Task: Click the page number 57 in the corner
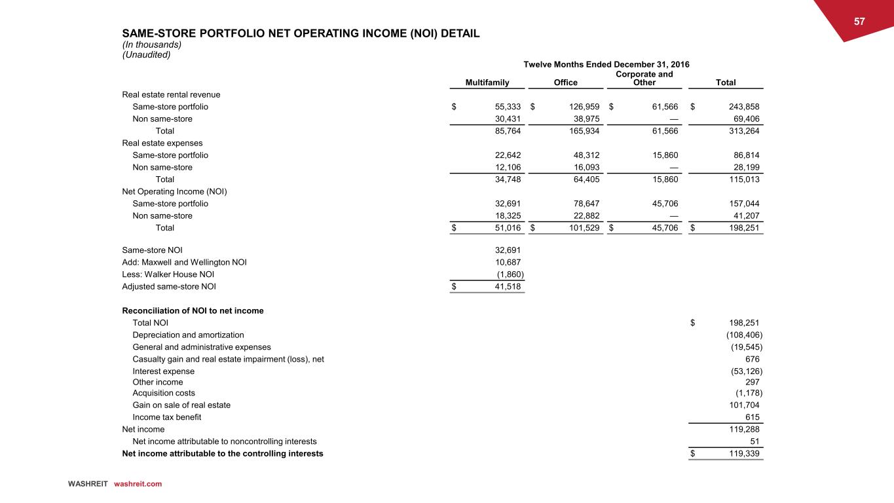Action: (x=859, y=22)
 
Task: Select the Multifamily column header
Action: (x=487, y=83)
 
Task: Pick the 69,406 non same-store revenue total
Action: (x=745, y=119)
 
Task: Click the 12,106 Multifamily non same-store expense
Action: (x=504, y=167)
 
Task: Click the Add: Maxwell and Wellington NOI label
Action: (x=184, y=262)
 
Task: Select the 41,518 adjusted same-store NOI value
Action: (x=504, y=286)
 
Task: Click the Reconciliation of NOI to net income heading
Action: (x=193, y=310)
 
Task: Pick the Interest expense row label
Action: (x=163, y=371)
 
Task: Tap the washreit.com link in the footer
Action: (x=138, y=484)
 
